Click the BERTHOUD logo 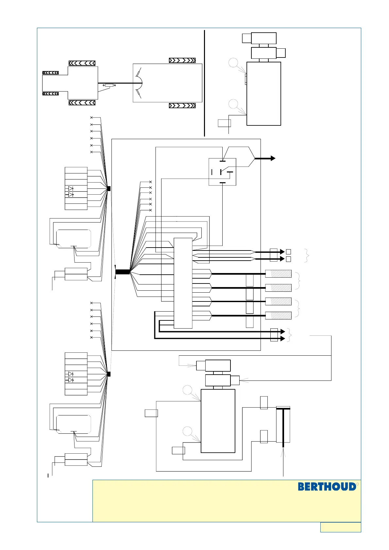pyautogui.click(x=327, y=487)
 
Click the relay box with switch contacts pyautogui.click(x=222, y=172)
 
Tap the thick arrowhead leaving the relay pyautogui.click(x=272, y=158)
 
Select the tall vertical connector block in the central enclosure pyautogui.click(x=183, y=283)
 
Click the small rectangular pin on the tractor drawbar pyautogui.click(x=109, y=85)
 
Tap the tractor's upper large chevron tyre pyautogui.click(x=82, y=63)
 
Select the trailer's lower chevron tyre pyautogui.click(x=182, y=105)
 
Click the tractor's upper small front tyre pyautogui.click(x=50, y=73)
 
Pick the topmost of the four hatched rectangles pyautogui.click(x=278, y=274)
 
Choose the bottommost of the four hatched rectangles pyautogui.click(x=278, y=315)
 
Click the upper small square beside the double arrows pyautogui.click(x=288, y=252)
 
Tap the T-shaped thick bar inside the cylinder pyautogui.click(x=283, y=425)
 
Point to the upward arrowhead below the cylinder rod pyautogui.click(x=283, y=452)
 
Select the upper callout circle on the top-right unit pyautogui.click(x=233, y=63)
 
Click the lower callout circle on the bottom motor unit pyautogui.click(x=187, y=431)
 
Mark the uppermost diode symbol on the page pyautogui.click(x=70, y=188)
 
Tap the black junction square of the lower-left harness pyautogui.click(x=109, y=374)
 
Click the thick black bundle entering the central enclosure pyautogui.click(x=123, y=272)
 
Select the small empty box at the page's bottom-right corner pyautogui.click(x=341, y=527)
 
